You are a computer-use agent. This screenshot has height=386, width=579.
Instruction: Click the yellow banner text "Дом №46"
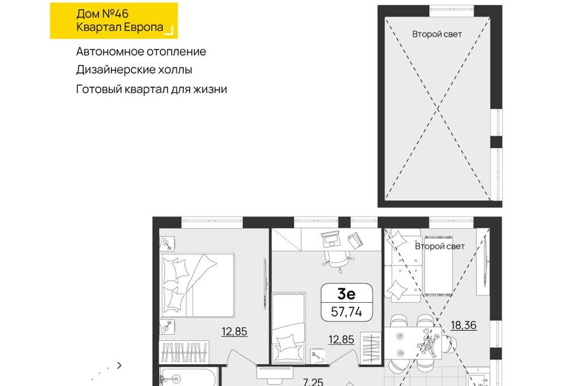pyautogui.click(x=103, y=14)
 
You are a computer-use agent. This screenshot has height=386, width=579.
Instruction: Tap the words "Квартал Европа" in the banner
pyautogui.click(x=119, y=27)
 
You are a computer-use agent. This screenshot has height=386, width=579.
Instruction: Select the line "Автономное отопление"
pyautogui.click(x=141, y=51)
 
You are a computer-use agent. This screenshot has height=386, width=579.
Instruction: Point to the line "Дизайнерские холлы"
pyautogui.click(x=134, y=70)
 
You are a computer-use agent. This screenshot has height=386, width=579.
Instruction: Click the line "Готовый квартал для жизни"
pyautogui.click(x=151, y=89)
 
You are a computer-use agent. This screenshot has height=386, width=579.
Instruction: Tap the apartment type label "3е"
pyautogui.click(x=346, y=294)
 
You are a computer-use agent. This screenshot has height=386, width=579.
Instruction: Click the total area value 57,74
pyautogui.click(x=346, y=312)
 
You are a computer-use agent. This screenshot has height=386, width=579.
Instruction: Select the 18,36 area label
pyautogui.click(x=463, y=325)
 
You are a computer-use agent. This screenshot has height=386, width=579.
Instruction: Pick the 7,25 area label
pyautogui.click(x=313, y=382)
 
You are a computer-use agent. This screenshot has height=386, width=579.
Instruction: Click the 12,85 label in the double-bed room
pyautogui.click(x=235, y=331)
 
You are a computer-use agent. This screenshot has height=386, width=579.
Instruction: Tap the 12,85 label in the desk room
pyautogui.click(x=341, y=339)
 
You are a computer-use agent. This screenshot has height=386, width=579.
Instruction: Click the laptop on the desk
pyautogui.click(x=331, y=239)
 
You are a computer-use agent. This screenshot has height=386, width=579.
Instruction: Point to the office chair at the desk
pyautogui.click(x=337, y=259)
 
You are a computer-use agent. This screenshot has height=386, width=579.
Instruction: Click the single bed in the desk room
pyautogui.click(x=289, y=327)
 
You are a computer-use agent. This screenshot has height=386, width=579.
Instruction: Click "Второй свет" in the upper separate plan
pyautogui.click(x=437, y=34)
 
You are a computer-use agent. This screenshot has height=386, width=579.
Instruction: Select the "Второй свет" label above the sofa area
pyautogui.click(x=440, y=246)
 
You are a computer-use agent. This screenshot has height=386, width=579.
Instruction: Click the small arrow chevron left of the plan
pyautogui.click(x=119, y=365)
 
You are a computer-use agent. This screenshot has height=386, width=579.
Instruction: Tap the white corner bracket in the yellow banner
pyautogui.click(x=169, y=31)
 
